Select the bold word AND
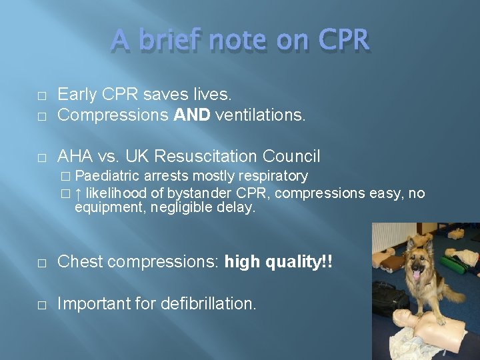coord(192,115)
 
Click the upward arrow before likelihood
coord(78,194)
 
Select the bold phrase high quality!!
coord(278,262)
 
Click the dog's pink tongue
coord(418,274)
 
